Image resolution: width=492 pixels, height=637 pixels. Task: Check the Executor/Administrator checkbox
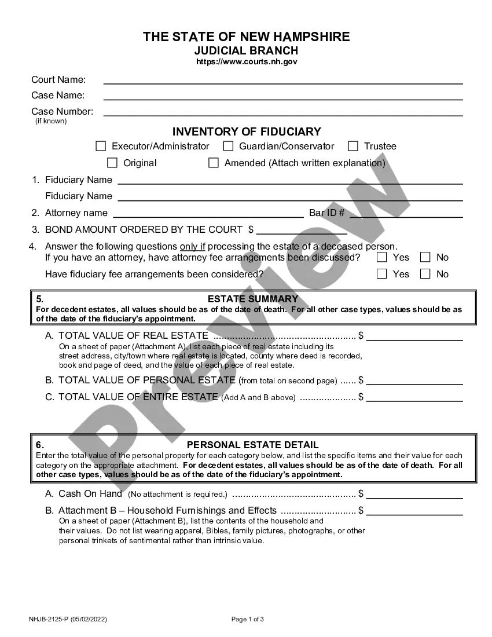click(x=101, y=147)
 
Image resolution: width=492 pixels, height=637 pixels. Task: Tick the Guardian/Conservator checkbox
click(x=228, y=147)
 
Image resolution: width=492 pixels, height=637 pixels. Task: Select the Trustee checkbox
click(x=353, y=147)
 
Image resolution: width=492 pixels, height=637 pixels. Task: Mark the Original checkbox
click(x=112, y=163)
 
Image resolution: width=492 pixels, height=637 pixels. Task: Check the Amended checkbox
click(x=214, y=163)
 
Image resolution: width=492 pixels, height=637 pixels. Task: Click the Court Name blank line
click(x=282, y=80)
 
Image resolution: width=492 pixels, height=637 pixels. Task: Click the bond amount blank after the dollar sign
click(x=301, y=230)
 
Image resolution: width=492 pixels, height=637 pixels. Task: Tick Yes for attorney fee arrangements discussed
click(x=381, y=258)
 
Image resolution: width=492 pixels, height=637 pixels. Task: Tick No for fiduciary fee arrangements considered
click(x=425, y=274)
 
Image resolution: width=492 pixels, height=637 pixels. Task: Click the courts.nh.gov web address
click(x=247, y=61)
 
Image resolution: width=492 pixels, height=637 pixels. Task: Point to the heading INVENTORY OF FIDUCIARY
click(x=247, y=132)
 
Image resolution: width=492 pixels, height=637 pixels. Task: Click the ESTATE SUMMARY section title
click(x=252, y=299)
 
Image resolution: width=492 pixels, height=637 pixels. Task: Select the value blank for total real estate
click(x=414, y=336)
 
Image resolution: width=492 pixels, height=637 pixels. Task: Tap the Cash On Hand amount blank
click(x=414, y=495)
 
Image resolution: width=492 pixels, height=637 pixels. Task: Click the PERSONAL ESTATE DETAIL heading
click(x=252, y=445)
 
